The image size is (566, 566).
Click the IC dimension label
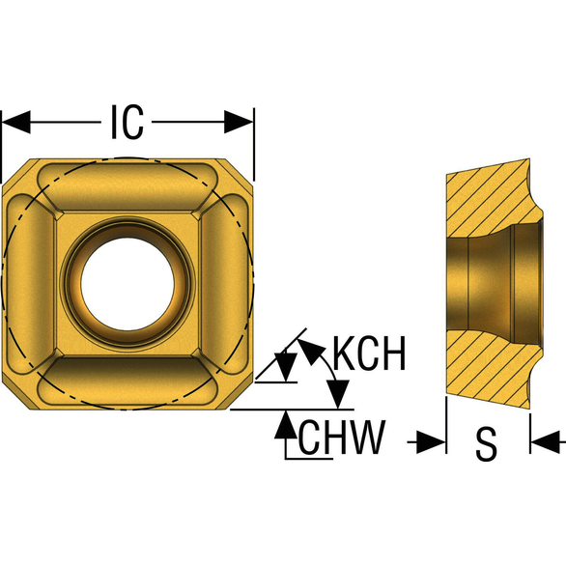pyautogui.click(x=127, y=122)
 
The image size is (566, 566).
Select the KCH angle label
pyautogui.click(x=369, y=354)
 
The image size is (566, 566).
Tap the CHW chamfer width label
pyautogui.click(x=342, y=438)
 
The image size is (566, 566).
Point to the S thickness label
pyautogui.click(x=486, y=444)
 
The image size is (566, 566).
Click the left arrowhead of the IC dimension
pyautogui.click(x=16, y=122)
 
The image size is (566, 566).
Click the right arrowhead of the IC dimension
pyautogui.click(x=239, y=122)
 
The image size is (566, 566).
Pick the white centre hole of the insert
pyautogui.click(x=127, y=284)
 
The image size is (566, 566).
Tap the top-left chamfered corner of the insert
pyautogui.click(x=16, y=172)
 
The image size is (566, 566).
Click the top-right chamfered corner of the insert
pyautogui.click(x=240, y=172)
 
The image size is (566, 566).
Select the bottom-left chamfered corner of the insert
pyautogui.click(x=16, y=396)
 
